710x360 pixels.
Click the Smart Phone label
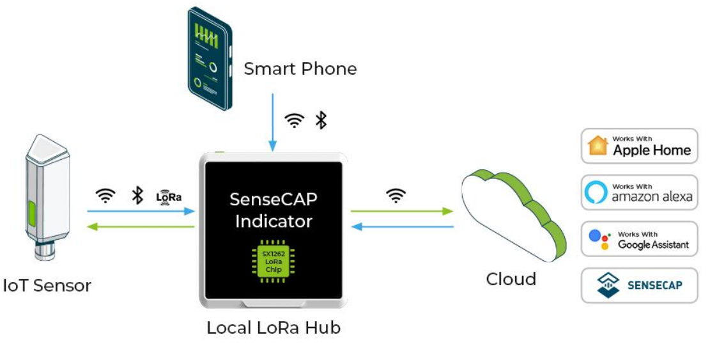300,69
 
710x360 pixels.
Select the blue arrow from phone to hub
273,121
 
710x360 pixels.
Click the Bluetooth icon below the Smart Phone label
321,120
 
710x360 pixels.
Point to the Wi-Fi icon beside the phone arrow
295,120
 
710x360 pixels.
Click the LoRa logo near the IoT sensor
169,196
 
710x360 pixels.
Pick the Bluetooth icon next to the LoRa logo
137,196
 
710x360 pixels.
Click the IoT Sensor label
47,285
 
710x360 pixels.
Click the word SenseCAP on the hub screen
274,200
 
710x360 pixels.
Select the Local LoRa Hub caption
274,328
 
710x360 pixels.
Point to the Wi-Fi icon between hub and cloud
396,196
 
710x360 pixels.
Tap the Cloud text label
511,279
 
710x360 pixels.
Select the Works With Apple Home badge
639,146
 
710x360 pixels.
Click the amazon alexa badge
639,192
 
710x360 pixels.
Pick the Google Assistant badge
639,239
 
